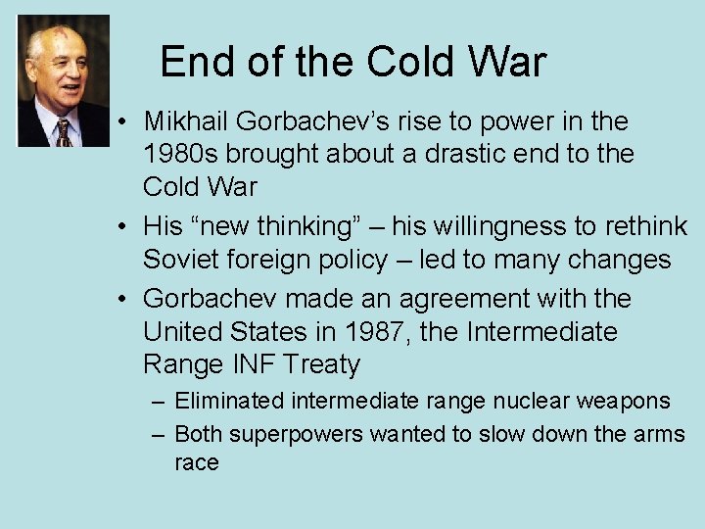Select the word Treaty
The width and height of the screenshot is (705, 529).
coord(323,365)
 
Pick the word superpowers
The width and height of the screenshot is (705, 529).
coord(298,434)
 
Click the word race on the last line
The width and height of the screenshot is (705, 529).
coord(196,462)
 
